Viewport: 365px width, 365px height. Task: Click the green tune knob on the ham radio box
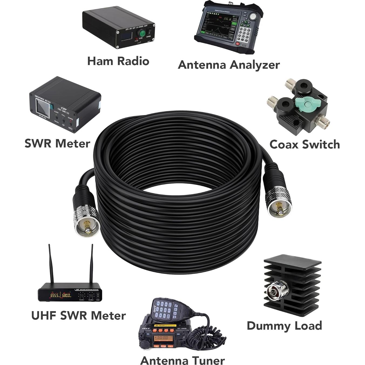coord(141,33)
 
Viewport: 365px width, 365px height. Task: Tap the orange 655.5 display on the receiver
coord(55,296)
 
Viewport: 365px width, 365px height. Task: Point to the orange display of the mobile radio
coord(161,338)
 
